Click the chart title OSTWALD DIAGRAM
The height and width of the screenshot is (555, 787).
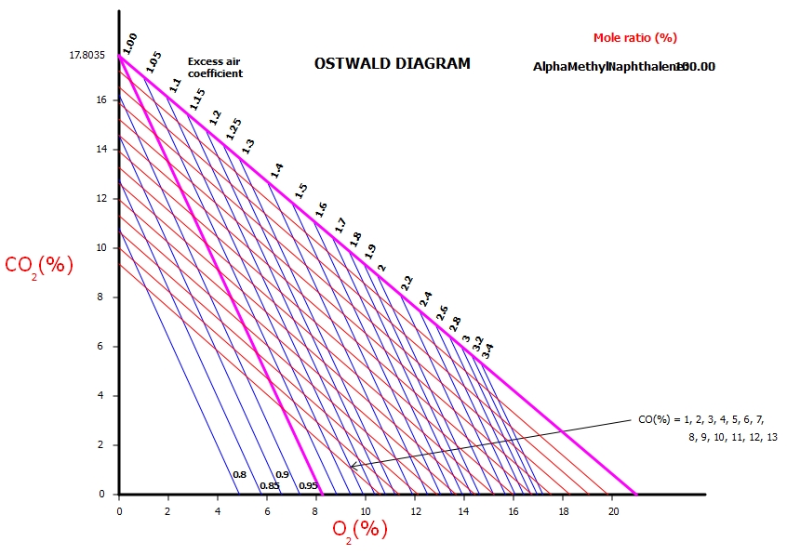pyautogui.click(x=392, y=64)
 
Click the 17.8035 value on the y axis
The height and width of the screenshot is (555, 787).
pyautogui.click(x=88, y=56)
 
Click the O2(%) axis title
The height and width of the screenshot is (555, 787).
pyautogui.click(x=360, y=530)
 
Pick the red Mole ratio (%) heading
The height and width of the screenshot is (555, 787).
pyautogui.click(x=635, y=38)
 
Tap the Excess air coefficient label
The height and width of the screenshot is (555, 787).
pyautogui.click(x=215, y=67)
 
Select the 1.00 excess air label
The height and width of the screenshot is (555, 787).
pyautogui.click(x=129, y=42)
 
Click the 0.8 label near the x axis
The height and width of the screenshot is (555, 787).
pyautogui.click(x=239, y=475)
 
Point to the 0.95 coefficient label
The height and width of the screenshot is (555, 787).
pyautogui.click(x=309, y=485)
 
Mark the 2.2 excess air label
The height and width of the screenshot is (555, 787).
pyautogui.click(x=407, y=283)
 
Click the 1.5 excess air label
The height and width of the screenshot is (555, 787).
pyautogui.click(x=300, y=191)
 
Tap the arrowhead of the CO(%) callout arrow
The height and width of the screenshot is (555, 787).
pyautogui.click(x=352, y=466)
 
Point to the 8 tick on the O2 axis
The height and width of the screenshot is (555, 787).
pyautogui.click(x=316, y=511)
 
